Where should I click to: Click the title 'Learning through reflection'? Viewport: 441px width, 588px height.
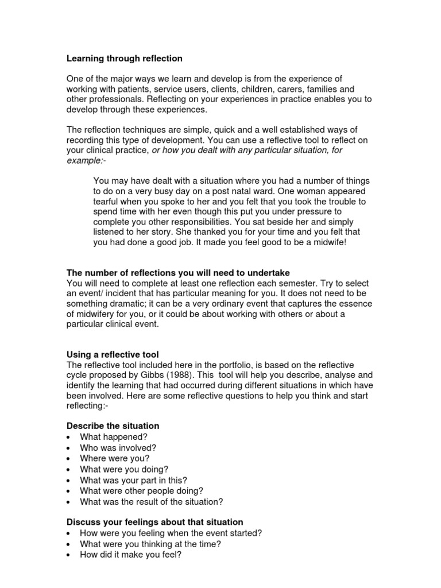point(125,58)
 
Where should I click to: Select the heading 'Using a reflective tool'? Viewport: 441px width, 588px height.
point(113,355)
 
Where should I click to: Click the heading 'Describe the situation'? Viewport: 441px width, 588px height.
point(113,425)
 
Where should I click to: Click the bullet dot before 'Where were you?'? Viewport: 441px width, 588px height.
point(69,459)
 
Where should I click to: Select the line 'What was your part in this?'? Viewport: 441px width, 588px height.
point(133,480)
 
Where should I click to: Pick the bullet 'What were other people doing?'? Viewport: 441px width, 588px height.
point(141,491)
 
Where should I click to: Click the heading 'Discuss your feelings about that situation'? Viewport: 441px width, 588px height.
point(155,522)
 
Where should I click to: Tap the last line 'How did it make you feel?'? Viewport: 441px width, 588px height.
point(131,555)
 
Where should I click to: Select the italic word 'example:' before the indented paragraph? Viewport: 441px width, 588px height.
point(83,160)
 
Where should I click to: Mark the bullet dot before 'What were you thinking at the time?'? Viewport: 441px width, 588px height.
point(69,544)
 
